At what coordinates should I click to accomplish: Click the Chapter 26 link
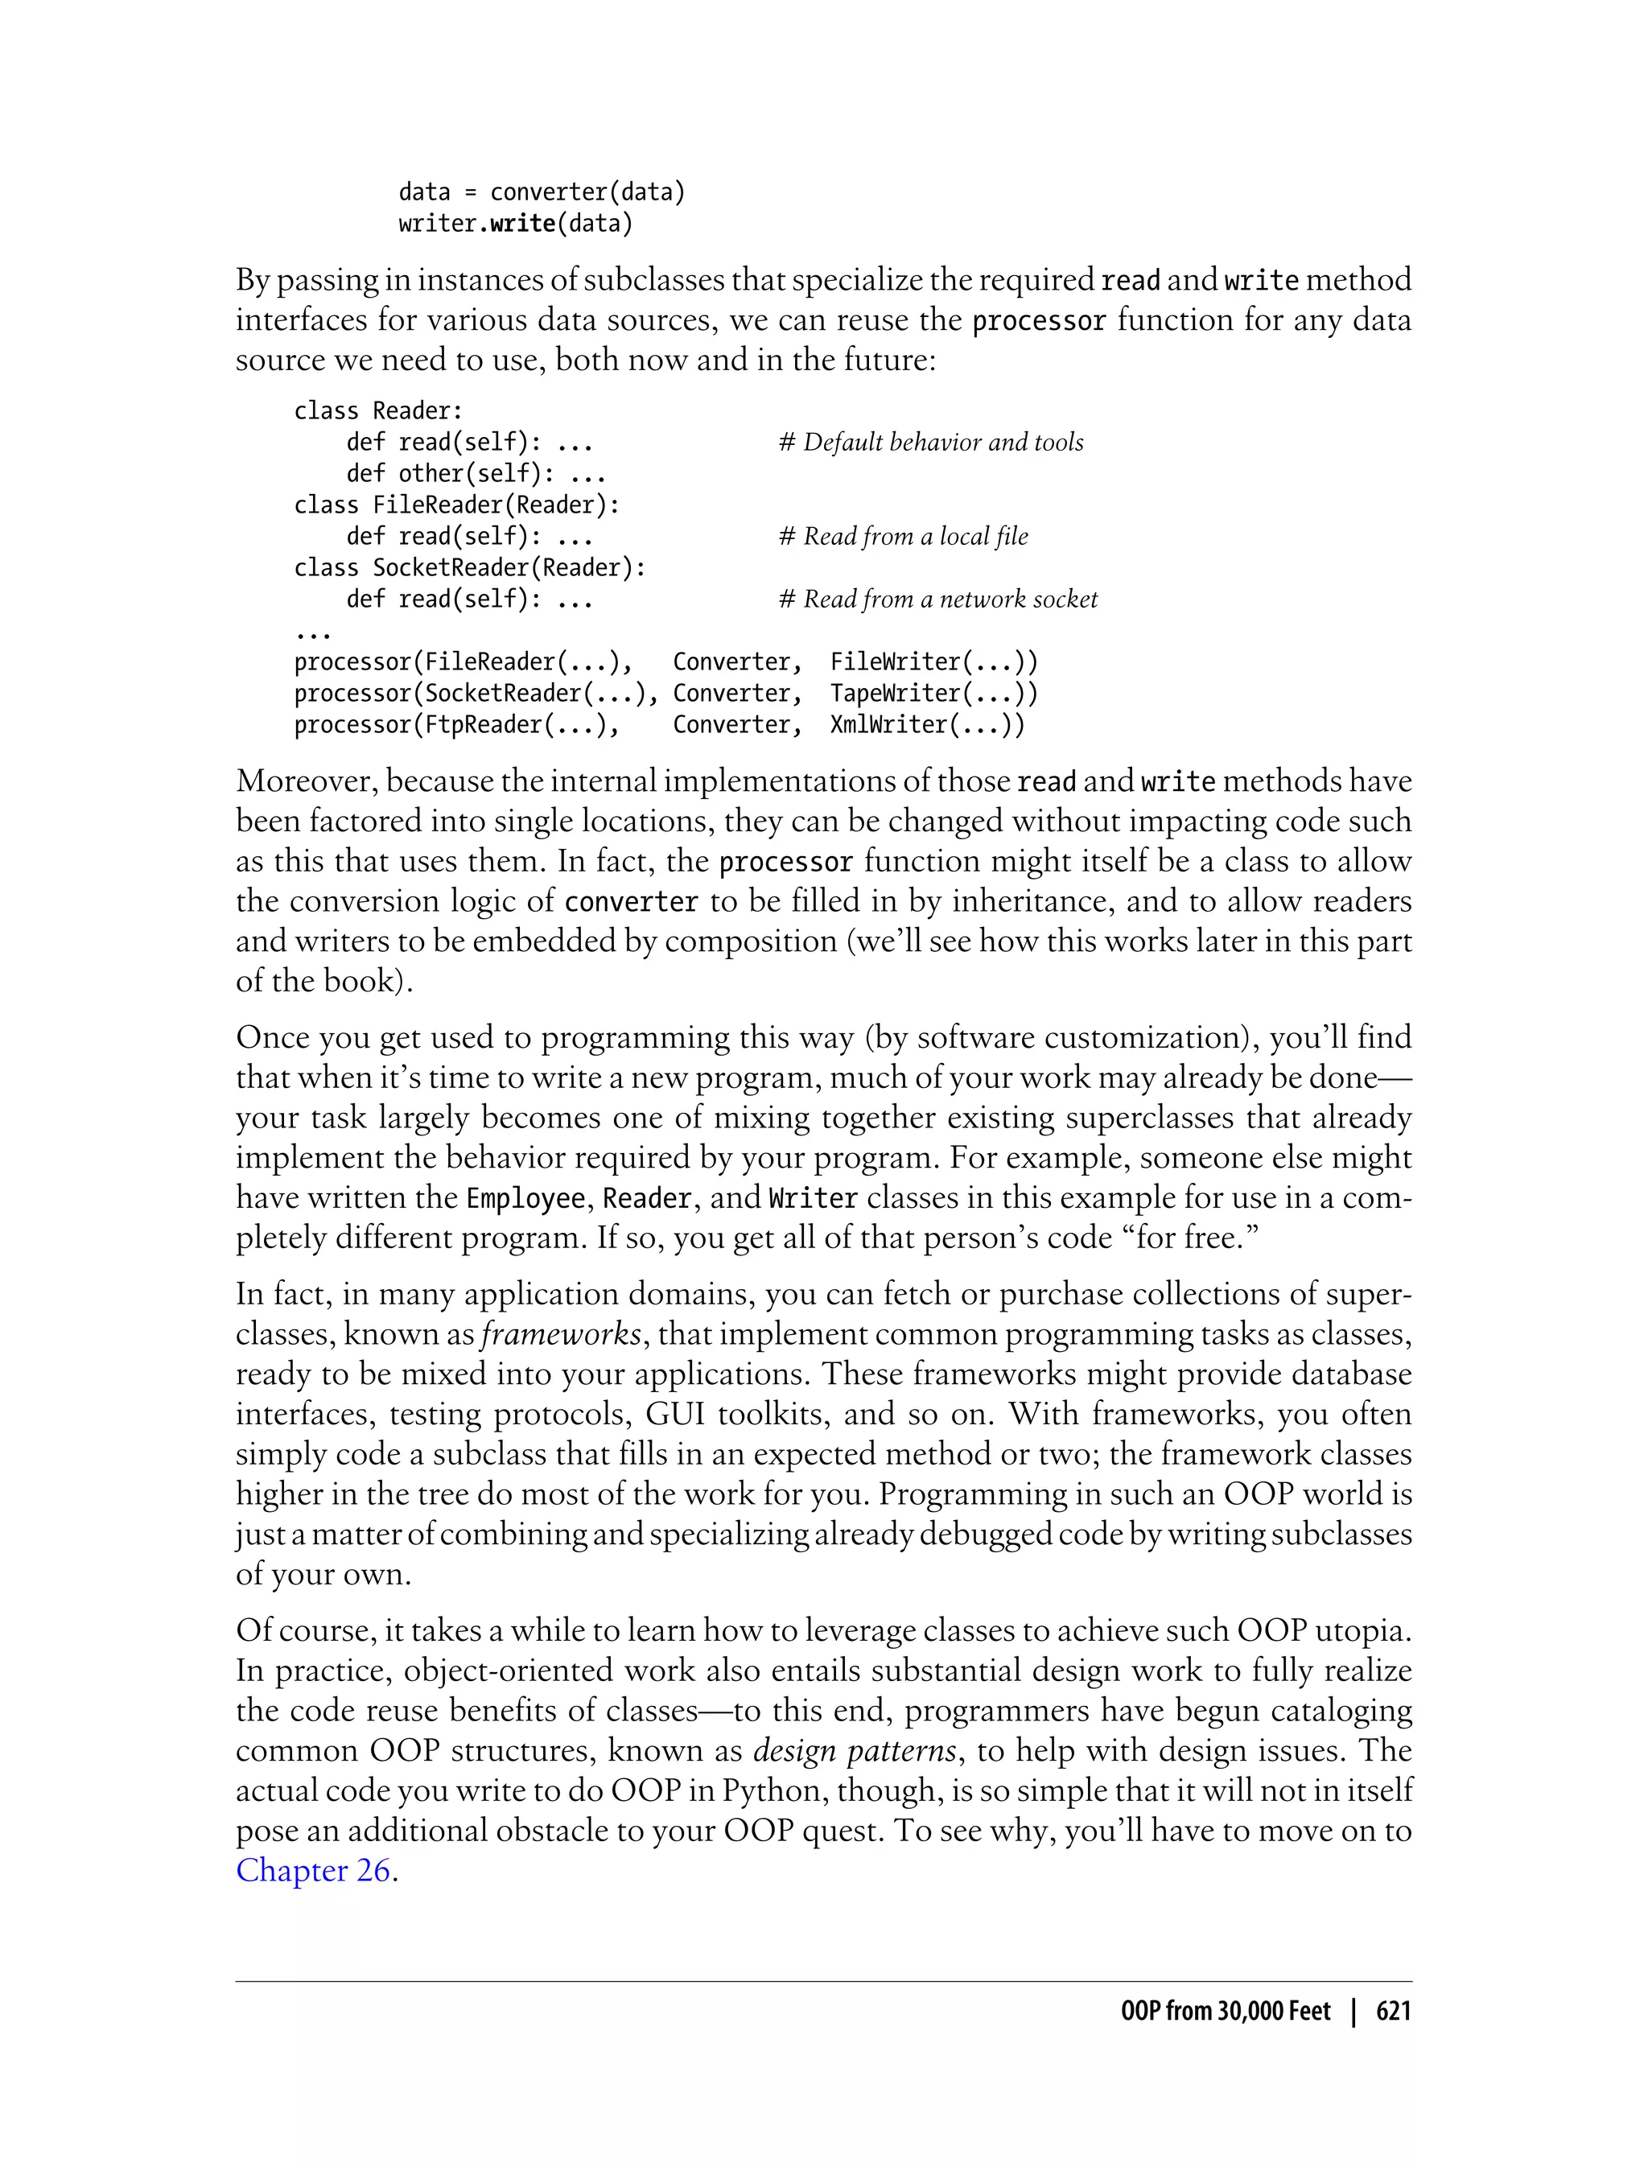pyautogui.click(x=313, y=1871)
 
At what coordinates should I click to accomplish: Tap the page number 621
pyautogui.click(x=1393, y=2011)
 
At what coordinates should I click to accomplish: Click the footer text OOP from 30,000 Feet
pyautogui.click(x=1226, y=2011)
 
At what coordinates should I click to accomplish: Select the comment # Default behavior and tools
pyautogui.click(x=931, y=443)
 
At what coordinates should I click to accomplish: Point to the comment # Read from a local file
pyautogui.click(x=904, y=537)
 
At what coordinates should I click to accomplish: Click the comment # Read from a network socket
pyautogui.click(x=937, y=599)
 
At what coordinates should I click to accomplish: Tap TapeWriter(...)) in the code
pyautogui.click(x=933, y=694)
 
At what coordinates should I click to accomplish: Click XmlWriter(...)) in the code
pyautogui.click(x=927, y=725)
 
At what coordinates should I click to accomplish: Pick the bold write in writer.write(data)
pyautogui.click(x=523, y=224)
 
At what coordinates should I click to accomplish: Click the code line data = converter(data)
pyautogui.click(x=542, y=192)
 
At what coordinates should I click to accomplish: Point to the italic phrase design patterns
pyautogui.click(x=855, y=1751)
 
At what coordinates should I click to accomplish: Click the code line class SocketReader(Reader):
pyautogui.click(x=470, y=568)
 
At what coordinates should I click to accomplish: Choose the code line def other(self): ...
pyautogui.click(x=476, y=474)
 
